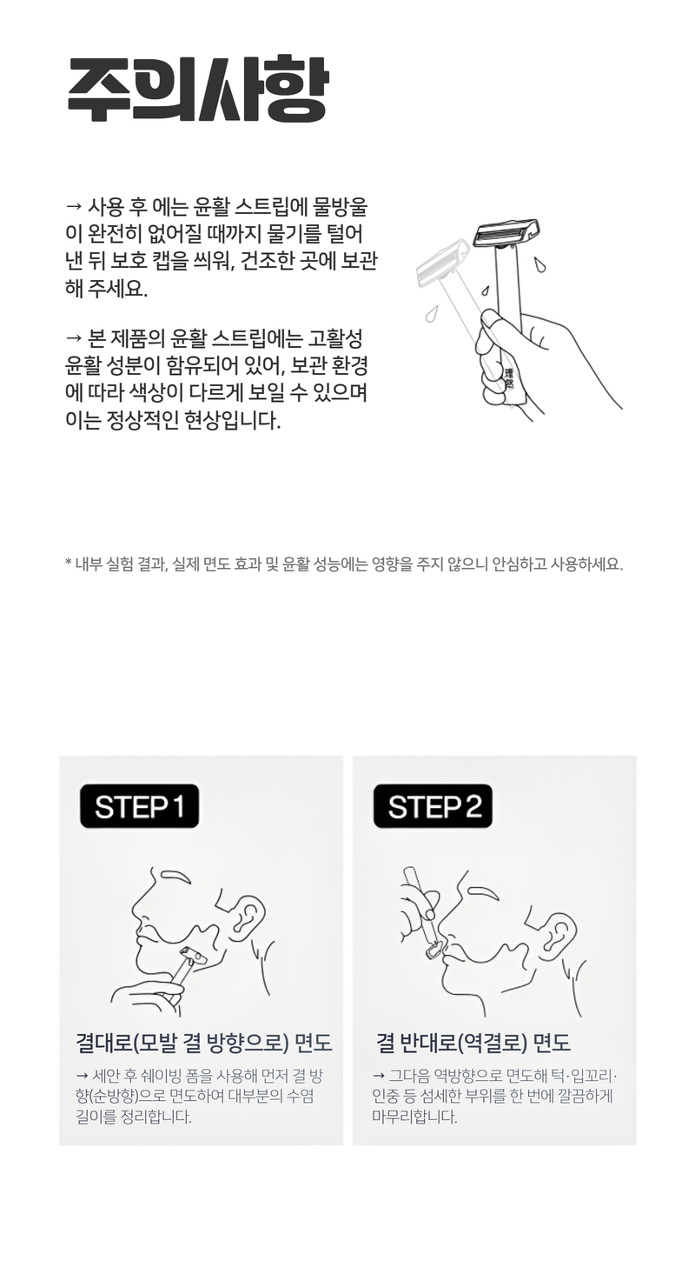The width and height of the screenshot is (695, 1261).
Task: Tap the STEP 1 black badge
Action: click(140, 805)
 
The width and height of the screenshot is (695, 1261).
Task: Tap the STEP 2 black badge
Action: click(433, 805)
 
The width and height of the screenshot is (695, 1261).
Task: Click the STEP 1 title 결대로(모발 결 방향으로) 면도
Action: click(203, 1043)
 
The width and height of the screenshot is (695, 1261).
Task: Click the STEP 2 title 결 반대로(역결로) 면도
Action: click(473, 1043)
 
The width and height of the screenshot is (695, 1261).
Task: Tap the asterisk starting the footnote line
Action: click(69, 562)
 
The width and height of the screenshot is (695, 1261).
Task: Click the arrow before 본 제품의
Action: click(74, 337)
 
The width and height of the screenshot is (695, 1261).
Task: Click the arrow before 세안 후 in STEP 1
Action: click(82, 1076)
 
